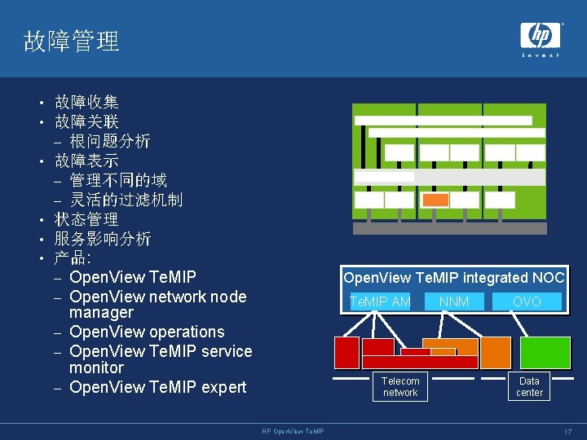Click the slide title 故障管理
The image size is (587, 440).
point(72,41)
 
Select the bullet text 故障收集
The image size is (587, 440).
point(86,102)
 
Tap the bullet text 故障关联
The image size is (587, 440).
point(86,121)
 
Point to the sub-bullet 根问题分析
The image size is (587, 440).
point(109,141)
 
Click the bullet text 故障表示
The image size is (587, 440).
point(86,161)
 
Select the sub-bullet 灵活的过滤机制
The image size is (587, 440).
point(126,200)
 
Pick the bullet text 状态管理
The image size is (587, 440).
point(86,219)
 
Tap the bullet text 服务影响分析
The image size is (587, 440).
point(103,239)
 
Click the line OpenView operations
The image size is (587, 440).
point(147,332)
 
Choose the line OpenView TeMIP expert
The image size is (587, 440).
point(157,387)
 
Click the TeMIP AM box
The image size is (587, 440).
point(379,301)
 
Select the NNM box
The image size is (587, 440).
point(454,301)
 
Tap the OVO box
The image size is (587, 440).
point(527,301)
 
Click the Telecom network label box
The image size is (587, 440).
point(400,387)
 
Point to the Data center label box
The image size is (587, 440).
point(529,387)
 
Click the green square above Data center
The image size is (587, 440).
point(545,352)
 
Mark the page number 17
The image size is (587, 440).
point(567,431)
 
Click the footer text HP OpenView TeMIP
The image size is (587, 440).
point(293,431)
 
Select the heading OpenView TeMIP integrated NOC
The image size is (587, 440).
point(454,278)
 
